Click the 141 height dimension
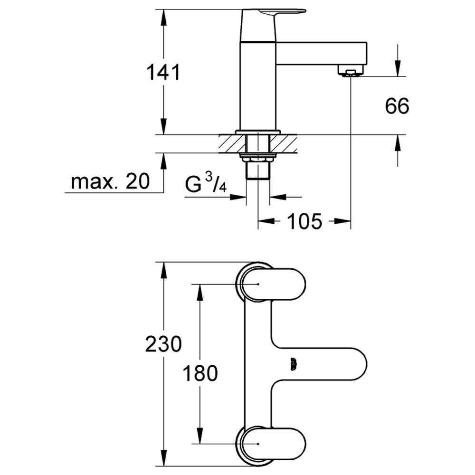163,72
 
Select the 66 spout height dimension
397,106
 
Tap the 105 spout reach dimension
304,221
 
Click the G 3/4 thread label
206,183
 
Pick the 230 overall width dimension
163,344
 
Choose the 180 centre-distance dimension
200,373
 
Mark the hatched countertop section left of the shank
232,144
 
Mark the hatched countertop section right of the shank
284,144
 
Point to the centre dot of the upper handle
258,284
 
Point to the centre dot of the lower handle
258,444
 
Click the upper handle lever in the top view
273,284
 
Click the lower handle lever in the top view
273,444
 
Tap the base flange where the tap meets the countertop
258,132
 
